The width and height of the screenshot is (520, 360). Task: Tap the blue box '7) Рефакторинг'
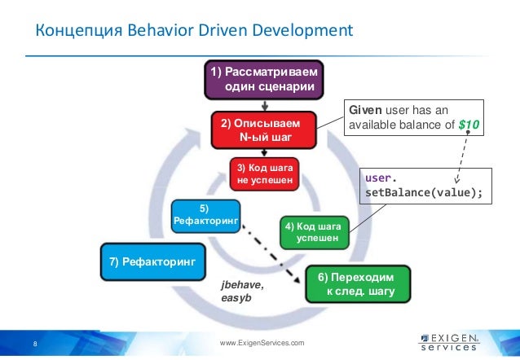[152, 261]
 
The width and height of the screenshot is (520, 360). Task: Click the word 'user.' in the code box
[383, 176]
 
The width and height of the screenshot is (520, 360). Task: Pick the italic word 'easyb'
[235, 299]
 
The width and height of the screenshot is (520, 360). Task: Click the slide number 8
[35, 344]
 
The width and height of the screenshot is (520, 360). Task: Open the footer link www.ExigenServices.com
[262, 344]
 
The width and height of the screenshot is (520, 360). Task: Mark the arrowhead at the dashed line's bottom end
[458, 179]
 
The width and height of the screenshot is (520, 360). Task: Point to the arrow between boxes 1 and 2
[264, 104]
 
